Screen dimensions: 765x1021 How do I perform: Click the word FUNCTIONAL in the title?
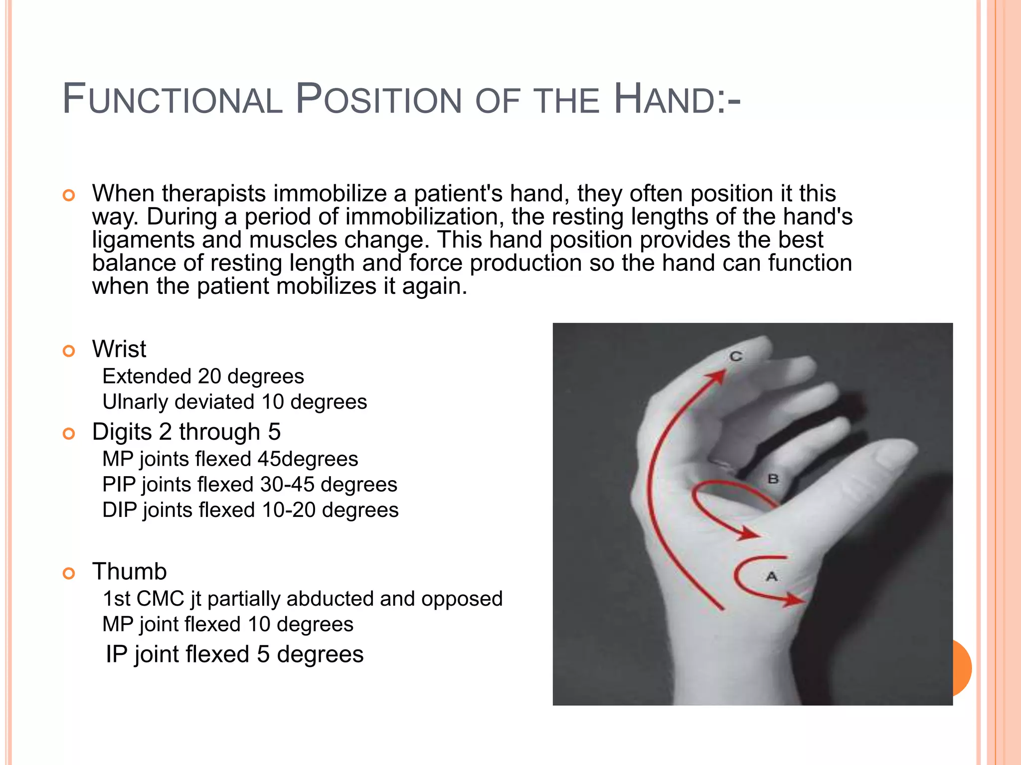172,100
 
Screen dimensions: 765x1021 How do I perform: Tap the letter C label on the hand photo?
736,357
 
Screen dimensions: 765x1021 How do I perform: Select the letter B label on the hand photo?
773,479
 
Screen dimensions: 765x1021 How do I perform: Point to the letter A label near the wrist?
772,577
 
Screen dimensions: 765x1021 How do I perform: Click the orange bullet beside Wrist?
69,351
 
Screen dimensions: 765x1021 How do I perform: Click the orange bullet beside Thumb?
69,573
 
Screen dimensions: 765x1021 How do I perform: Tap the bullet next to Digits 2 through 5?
69,434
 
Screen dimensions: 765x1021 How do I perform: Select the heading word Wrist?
119,349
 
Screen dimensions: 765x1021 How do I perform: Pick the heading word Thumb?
129,571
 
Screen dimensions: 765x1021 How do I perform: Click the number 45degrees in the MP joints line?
308,459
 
